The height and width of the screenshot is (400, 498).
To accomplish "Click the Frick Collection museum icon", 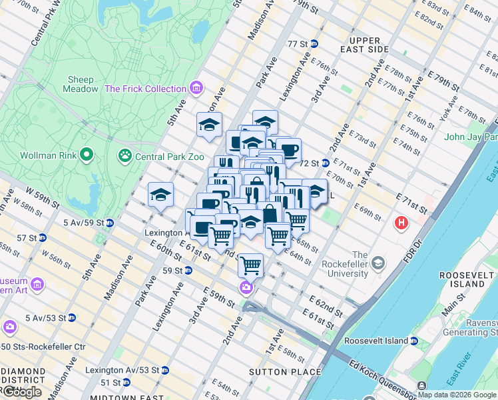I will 196,89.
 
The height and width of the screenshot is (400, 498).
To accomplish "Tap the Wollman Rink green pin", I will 86,156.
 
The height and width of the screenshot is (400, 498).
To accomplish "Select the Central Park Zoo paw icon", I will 124,157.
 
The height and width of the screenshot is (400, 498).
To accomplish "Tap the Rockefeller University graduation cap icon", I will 378,263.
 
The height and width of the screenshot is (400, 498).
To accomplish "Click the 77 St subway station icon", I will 314,43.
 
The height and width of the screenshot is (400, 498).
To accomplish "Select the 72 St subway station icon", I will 326,163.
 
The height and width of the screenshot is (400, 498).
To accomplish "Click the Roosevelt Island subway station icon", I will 413,341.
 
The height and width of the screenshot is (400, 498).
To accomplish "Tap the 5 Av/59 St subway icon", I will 109,223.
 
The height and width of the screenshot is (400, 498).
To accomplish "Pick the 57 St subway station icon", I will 43,237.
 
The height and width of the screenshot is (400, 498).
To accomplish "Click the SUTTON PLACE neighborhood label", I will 286,371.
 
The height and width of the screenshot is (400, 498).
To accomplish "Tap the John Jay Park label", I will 471,137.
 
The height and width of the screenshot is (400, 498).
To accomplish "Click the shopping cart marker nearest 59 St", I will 250,265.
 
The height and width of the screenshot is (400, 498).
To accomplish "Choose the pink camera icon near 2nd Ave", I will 246,287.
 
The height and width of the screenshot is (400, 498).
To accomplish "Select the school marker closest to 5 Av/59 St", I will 160,195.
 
